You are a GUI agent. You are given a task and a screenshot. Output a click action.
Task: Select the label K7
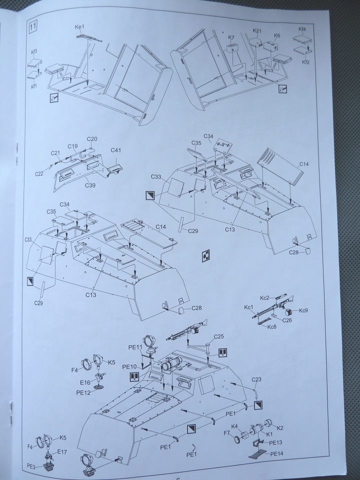pyautogui.click(x=231, y=37)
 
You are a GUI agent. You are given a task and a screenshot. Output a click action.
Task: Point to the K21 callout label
pyautogui.click(x=257, y=31)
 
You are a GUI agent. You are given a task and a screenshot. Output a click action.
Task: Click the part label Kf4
pyautogui.click(x=302, y=29)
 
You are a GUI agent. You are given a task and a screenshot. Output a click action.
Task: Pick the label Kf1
pyautogui.click(x=34, y=86)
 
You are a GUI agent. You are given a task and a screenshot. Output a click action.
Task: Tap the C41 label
pyautogui.click(x=116, y=150)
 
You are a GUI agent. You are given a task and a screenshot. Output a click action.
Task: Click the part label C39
pyautogui.click(x=91, y=185)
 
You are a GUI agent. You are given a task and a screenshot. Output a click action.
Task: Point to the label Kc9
pyautogui.click(x=303, y=310)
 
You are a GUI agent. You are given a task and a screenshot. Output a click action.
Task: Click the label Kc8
pyautogui.click(x=272, y=327)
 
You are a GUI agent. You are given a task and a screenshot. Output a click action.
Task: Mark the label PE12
pyautogui.click(x=83, y=392)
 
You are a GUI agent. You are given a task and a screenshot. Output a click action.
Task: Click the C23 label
pyautogui.click(x=257, y=379)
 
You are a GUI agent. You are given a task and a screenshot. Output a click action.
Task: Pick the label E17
pyautogui.click(x=62, y=451)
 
